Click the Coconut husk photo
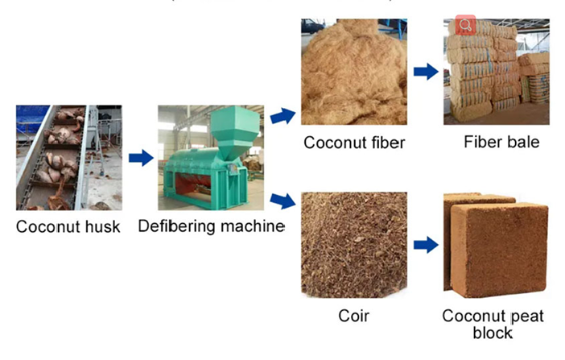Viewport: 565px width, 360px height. (x=65, y=157)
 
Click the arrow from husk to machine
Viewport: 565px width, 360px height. (x=140, y=158)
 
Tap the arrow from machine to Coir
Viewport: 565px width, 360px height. (x=281, y=200)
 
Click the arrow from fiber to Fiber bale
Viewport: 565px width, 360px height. (x=425, y=72)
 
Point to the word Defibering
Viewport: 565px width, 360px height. (x=174, y=226)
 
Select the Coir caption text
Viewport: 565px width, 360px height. (x=354, y=314)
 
